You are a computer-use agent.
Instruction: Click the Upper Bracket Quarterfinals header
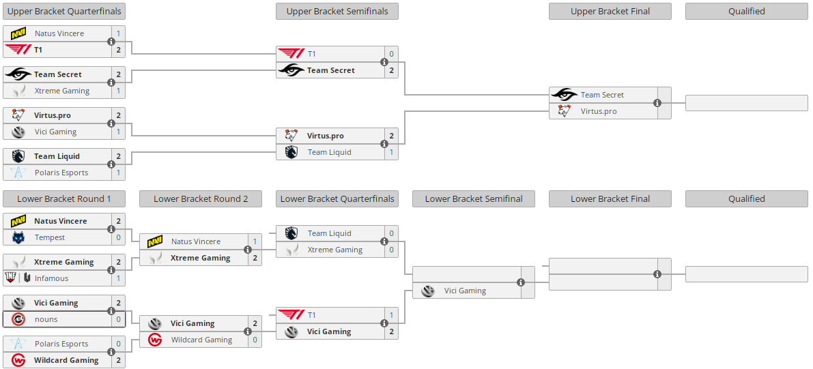pyautogui.click(x=64, y=11)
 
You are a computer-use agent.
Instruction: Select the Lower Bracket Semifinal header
pyautogui.click(x=474, y=198)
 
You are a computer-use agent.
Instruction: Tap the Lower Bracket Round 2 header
pyautogui.click(x=201, y=198)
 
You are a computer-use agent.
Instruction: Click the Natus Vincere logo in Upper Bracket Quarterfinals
pyautogui.click(x=18, y=33)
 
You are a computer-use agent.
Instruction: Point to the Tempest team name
pyautogui.click(x=50, y=237)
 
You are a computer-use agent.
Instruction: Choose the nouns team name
pyautogui.click(x=46, y=319)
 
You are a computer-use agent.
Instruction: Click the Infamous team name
pyautogui.click(x=52, y=278)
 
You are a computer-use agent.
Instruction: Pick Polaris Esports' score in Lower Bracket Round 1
pyautogui.click(x=118, y=344)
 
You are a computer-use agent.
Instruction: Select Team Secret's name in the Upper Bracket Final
pyautogui.click(x=602, y=95)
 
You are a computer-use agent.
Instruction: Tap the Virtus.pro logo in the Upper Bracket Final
pyautogui.click(x=565, y=111)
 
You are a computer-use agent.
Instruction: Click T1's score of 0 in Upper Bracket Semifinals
pyautogui.click(x=391, y=54)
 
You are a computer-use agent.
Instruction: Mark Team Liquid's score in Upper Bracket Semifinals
pyautogui.click(x=391, y=152)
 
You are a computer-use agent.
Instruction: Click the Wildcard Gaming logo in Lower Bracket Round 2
pyautogui.click(x=155, y=340)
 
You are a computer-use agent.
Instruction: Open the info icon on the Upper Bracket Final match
pyautogui.click(x=657, y=103)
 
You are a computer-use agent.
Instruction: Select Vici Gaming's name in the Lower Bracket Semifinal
pyautogui.click(x=465, y=291)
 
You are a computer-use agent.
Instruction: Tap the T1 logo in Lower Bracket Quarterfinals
pyautogui.click(x=291, y=315)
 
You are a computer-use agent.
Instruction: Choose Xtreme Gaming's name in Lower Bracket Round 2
pyautogui.click(x=200, y=258)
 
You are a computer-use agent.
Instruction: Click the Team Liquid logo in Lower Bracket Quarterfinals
pyautogui.click(x=291, y=233)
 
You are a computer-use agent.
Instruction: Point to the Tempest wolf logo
pyautogui.click(x=18, y=237)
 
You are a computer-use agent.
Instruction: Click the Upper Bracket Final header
pyautogui.click(x=610, y=11)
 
